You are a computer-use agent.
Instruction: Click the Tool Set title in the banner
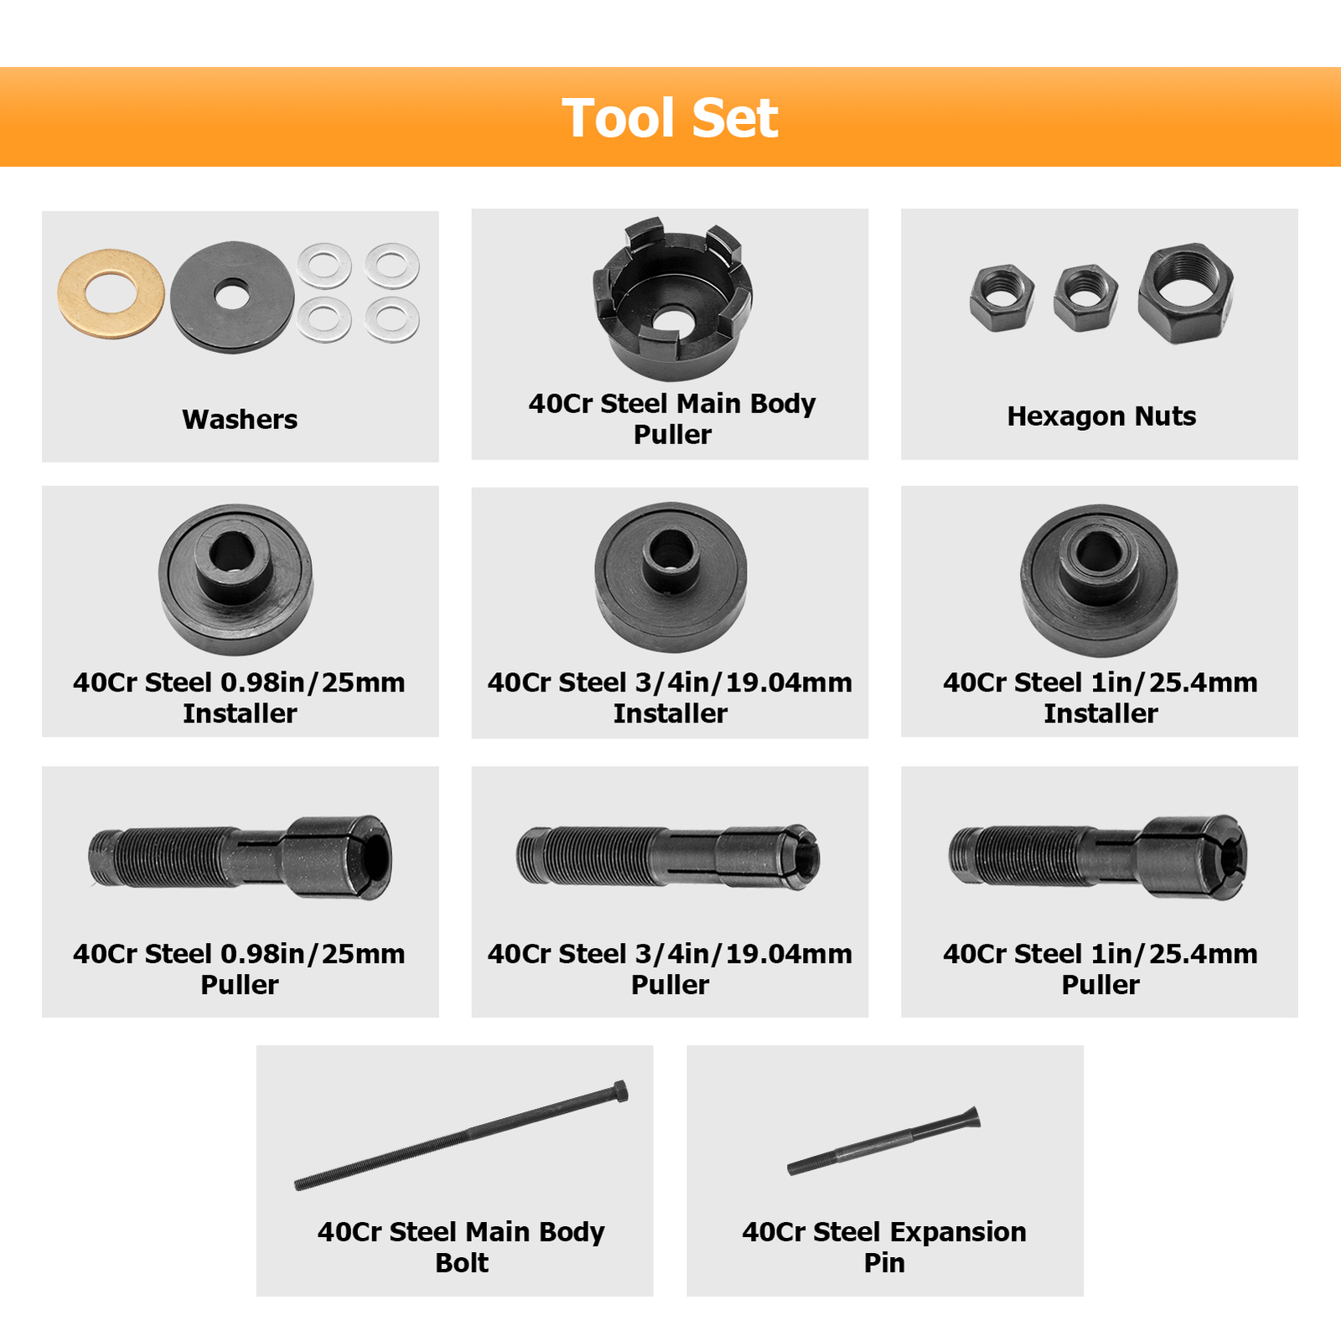tap(670, 118)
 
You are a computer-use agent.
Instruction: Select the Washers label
tap(240, 419)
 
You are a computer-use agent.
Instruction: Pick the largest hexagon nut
tap(1185, 293)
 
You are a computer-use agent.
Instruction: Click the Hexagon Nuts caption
tap(1100, 416)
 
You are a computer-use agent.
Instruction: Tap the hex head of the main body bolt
tap(619, 1091)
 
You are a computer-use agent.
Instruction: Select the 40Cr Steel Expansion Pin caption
tap(883, 1246)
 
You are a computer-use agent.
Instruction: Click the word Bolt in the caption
tap(462, 1262)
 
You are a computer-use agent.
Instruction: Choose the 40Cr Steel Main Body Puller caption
tap(671, 418)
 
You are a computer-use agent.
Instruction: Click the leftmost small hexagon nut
tap(1001, 298)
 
